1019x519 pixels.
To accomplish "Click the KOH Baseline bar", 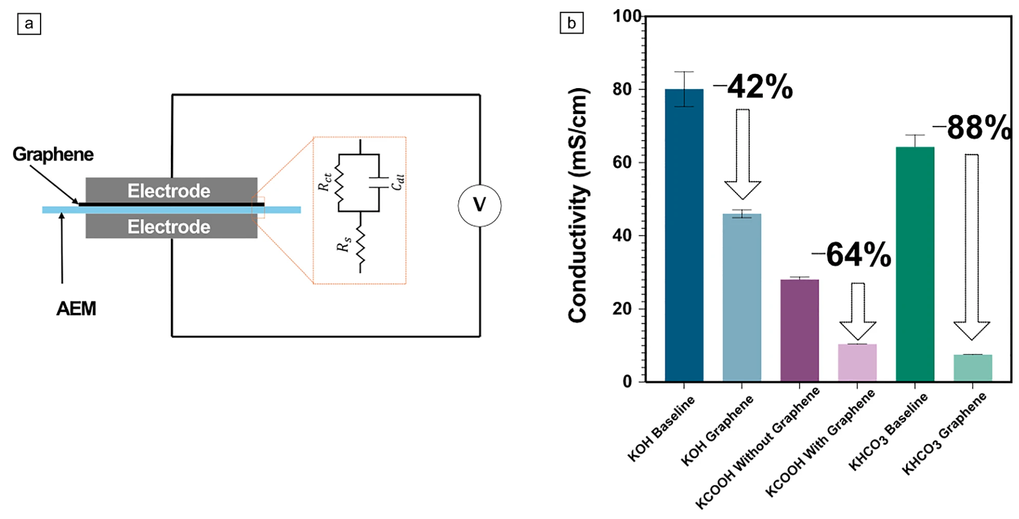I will click(x=684, y=235).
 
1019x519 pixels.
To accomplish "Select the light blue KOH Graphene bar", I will click(x=742, y=297).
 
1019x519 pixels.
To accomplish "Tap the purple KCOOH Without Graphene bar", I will click(x=800, y=330).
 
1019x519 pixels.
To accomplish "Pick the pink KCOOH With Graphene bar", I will click(x=857, y=363).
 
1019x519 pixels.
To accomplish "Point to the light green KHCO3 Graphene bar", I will click(x=973, y=368).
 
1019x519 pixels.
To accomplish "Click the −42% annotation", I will click(x=754, y=87).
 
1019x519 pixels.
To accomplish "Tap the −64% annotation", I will click(x=852, y=255).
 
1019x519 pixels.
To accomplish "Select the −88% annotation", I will click(x=973, y=128).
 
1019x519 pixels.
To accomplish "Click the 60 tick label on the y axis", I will click(x=623, y=162).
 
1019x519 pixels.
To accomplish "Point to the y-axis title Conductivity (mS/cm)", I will click(x=578, y=205).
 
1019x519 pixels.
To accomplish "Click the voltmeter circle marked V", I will click(x=479, y=205).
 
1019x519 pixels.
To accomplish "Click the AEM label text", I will click(x=76, y=309).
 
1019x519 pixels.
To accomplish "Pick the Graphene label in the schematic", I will click(x=53, y=155).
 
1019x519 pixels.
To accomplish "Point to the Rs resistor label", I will click(x=344, y=245).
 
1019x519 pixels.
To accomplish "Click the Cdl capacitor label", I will click(x=398, y=182).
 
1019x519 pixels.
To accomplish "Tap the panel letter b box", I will click(x=571, y=23).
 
